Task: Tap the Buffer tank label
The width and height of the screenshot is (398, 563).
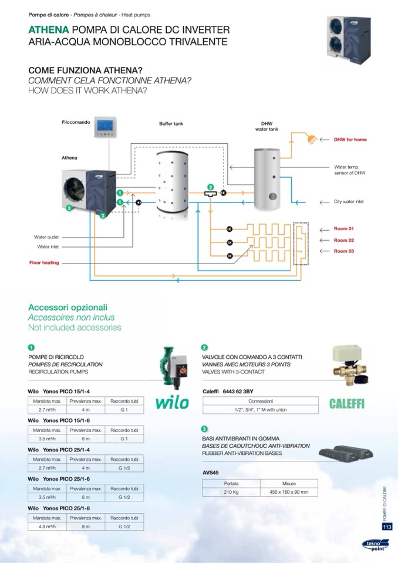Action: (x=171, y=124)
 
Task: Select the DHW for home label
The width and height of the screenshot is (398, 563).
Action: (x=350, y=140)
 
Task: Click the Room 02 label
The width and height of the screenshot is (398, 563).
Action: (x=344, y=240)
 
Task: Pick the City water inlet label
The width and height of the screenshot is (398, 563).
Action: (x=349, y=201)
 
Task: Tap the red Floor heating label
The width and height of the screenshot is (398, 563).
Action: (x=45, y=262)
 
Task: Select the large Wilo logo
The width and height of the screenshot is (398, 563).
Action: (x=173, y=403)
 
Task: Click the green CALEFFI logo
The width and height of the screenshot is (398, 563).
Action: (x=347, y=404)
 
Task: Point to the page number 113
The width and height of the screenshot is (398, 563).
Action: (x=387, y=527)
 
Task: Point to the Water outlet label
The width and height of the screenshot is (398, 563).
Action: (x=46, y=237)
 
